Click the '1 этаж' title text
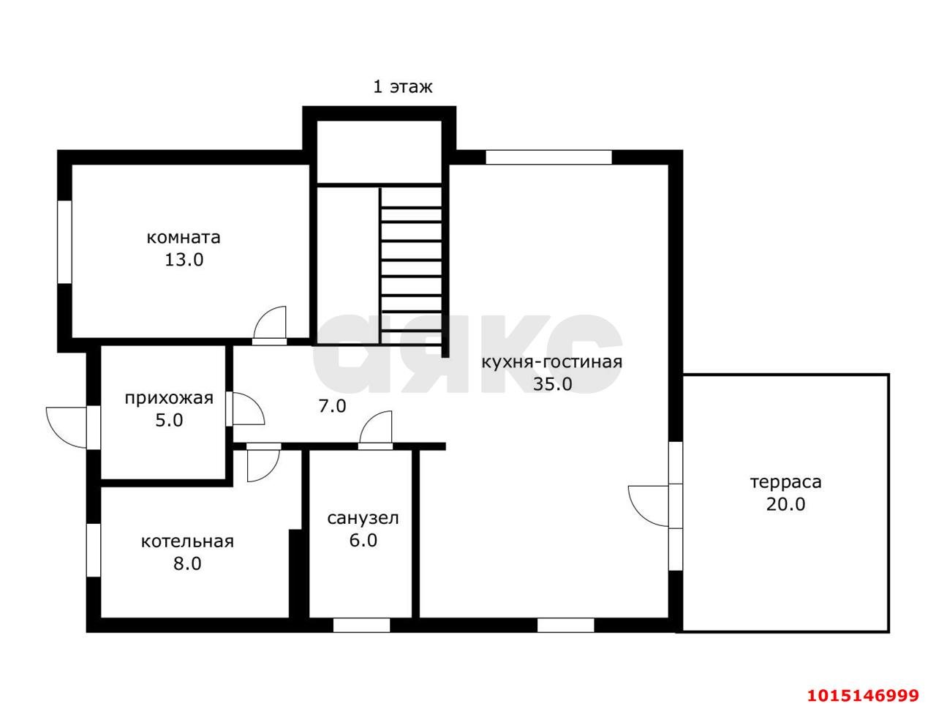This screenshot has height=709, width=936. [x=402, y=87]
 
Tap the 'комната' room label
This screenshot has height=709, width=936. [x=184, y=237]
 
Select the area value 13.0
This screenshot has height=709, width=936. [x=184, y=259]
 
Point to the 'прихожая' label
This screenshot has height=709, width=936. [x=169, y=399]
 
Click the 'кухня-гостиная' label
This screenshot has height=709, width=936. [x=552, y=362]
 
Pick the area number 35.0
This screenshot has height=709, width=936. [x=553, y=384]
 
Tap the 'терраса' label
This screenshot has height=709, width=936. [x=785, y=482]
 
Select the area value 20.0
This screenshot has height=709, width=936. [x=785, y=505]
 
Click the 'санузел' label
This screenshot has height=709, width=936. [x=363, y=518]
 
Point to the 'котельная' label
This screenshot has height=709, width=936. [x=187, y=541]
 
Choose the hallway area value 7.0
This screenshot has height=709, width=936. [x=332, y=406]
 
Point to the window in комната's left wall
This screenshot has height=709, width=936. [x=64, y=241]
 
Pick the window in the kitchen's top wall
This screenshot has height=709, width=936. [x=549, y=157]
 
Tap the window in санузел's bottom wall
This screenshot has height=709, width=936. [x=361, y=626]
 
